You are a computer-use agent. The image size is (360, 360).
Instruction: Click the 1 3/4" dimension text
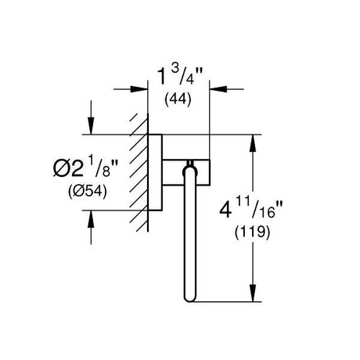(180, 76)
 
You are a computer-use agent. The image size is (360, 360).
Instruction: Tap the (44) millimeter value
(178, 99)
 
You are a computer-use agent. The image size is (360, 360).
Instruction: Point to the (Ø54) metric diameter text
(88, 192)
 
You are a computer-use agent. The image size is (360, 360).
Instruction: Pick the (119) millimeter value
(253, 232)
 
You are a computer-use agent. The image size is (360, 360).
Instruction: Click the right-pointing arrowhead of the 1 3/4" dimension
(139, 89)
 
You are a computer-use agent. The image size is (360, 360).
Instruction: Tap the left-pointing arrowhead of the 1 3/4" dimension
(218, 89)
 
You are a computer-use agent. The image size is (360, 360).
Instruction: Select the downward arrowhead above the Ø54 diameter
(91, 126)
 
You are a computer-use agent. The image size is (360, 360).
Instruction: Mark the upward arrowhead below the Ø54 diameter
(91, 218)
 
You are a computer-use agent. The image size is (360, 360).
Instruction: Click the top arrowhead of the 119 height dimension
(253, 143)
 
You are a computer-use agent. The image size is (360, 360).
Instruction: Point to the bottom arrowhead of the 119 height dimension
(253, 293)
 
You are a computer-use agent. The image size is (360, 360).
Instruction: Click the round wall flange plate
(155, 172)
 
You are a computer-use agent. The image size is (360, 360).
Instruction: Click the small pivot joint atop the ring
(190, 163)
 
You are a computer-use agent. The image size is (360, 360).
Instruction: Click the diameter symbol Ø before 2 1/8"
(61, 168)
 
